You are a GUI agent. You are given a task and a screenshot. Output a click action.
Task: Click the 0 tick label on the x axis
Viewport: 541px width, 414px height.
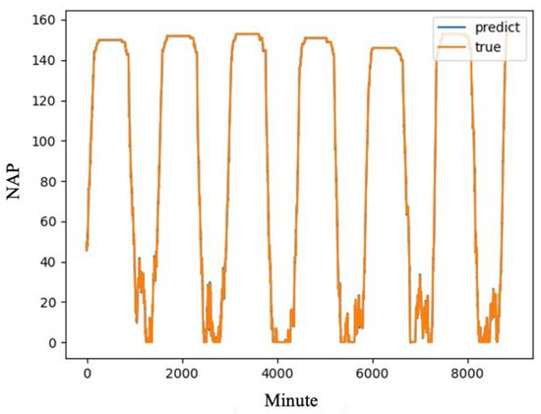(x=88, y=374)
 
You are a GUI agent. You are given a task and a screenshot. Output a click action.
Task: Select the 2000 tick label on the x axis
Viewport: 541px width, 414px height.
(x=183, y=374)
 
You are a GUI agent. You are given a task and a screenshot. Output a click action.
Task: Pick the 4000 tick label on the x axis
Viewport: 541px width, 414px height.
(x=278, y=374)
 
